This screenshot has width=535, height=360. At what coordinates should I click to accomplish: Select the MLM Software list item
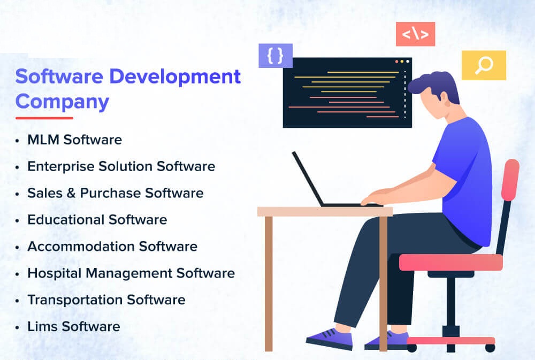(74, 140)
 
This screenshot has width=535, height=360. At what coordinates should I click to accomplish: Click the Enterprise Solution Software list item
(121, 166)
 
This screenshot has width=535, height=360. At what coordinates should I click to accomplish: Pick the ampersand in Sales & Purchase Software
(71, 193)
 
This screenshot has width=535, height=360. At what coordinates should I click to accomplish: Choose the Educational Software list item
(97, 220)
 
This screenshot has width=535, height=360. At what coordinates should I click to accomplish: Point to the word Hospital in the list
(52, 273)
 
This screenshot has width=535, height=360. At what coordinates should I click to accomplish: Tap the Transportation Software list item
(106, 300)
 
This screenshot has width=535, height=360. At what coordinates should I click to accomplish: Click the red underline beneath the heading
(44, 118)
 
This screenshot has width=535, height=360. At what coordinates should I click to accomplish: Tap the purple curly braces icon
(276, 55)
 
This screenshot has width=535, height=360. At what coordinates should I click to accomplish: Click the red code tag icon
(415, 34)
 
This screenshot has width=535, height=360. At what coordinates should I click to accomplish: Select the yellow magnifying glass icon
(484, 65)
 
